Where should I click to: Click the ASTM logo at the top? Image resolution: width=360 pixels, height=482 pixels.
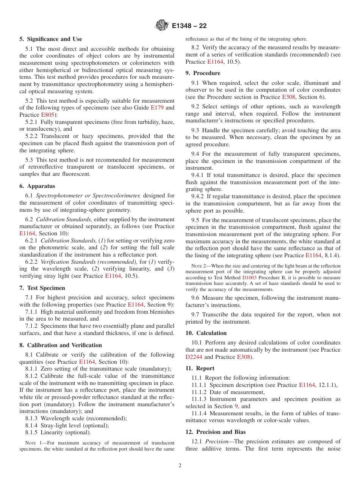pyautogui.click(x=162, y=26)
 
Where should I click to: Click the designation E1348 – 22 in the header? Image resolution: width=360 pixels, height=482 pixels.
pyautogui.click(x=189, y=26)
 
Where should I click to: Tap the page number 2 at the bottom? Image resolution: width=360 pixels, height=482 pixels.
pyautogui.click(x=180, y=465)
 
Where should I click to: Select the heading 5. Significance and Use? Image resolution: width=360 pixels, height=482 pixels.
pyautogui.click(x=51, y=39)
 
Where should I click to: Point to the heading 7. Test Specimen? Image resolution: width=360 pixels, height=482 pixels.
pyautogui.click(x=42, y=288)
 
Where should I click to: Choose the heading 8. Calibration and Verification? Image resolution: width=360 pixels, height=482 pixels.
pyautogui.click(x=61, y=345)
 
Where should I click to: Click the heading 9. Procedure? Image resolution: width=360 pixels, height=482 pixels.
pyautogui.click(x=203, y=73)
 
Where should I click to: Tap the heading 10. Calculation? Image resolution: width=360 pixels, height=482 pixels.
pyautogui.click(x=206, y=333)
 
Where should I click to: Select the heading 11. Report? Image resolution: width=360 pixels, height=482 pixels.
pyautogui.click(x=200, y=368)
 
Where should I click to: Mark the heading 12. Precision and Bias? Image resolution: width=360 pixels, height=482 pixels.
pyautogui.click(x=216, y=432)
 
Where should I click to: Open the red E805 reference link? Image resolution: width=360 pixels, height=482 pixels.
pyautogui.click(x=47, y=115)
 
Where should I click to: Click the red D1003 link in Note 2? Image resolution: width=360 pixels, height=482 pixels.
pyautogui.click(x=249, y=277)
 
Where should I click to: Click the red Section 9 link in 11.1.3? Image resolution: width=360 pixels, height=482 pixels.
pyautogui.click(x=236, y=406)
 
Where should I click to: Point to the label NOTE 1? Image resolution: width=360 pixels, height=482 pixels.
pyautogui.click(x=32, y=443)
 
